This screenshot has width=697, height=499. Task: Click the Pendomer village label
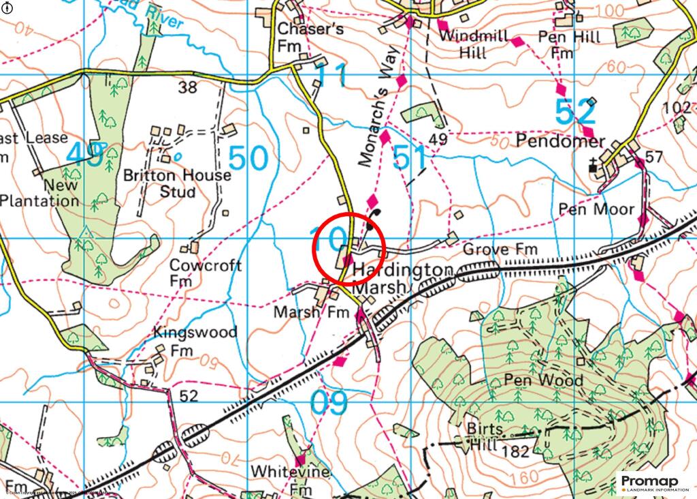(x=560, y=142)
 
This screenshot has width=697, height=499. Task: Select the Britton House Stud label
(x=177, y=183)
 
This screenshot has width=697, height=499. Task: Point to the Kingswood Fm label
(x=195, y=341)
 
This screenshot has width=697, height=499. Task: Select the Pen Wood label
(x=544, y=380)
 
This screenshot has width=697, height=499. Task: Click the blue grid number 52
(x=575, y=112)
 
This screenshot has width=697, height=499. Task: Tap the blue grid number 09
(x=329, y=403)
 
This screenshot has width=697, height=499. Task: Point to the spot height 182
(x=513, y=451)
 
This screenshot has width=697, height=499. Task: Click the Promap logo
(x=650, y=483)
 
